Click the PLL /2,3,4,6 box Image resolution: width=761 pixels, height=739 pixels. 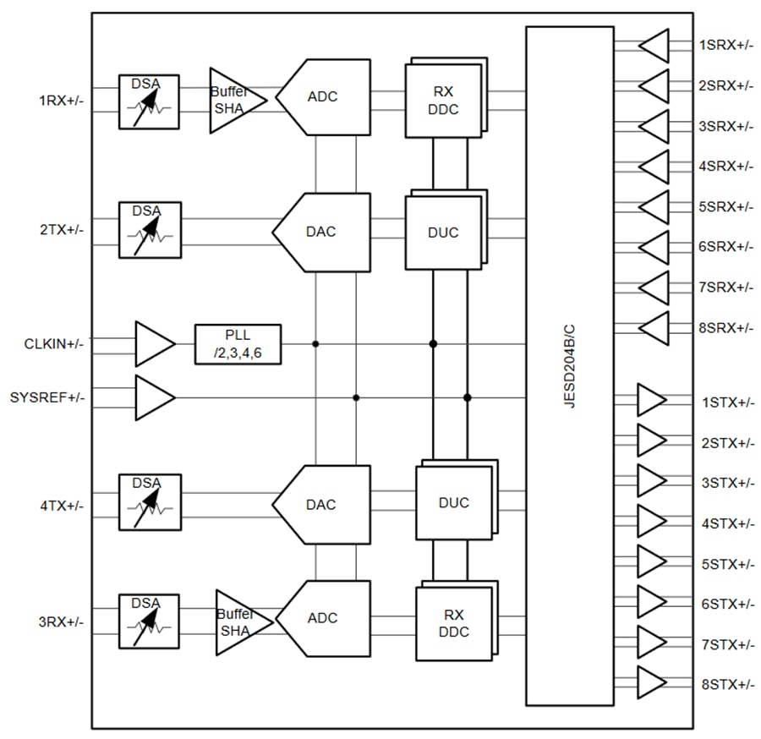tap(238, 343)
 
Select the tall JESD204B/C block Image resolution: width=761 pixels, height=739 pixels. tap(569, 365)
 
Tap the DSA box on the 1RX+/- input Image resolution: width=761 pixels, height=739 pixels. tap(149, 101)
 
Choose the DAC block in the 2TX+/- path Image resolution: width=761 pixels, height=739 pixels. tap(322, 232)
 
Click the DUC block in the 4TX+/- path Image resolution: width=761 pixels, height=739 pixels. tap(453, 503)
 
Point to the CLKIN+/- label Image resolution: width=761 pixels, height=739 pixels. tap(53, 344)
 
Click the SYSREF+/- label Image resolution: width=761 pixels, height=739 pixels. tap(47, 397)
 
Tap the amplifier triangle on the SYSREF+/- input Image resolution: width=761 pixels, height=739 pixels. tap(153, 397)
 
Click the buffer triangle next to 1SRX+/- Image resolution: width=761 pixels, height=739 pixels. tap(654, 45)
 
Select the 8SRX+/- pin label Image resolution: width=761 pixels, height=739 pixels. tap(725, 327)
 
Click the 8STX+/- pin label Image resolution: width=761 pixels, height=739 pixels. tap(725, 684)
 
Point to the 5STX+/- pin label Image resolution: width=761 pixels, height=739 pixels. tap(725, 563)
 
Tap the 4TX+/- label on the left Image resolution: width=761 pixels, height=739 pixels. tap(61, 506)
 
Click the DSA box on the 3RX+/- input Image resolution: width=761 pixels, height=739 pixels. tap(149, 621)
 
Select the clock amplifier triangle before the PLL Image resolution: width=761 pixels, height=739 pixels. tap(153, 343)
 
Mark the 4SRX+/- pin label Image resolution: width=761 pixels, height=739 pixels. tap(725, 166)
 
